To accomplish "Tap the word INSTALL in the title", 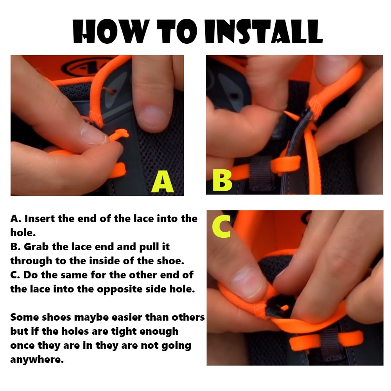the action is [264, 31].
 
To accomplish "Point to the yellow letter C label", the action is [222, 226].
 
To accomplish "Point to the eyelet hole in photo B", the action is [234, 96].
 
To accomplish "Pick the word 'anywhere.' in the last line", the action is [37, 360].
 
